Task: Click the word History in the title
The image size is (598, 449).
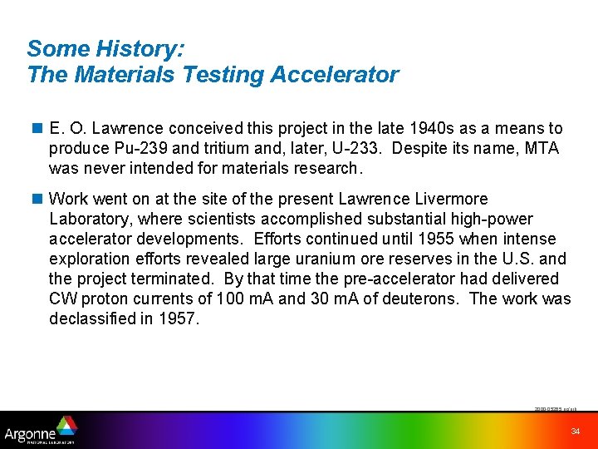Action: (x=139, y=49)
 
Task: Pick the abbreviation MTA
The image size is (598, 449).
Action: (x=542, y=149)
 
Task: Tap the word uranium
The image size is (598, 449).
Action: (x=330, y=259)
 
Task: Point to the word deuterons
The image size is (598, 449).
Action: (x=425, y=299)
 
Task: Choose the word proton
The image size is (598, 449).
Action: (x=102, y=299)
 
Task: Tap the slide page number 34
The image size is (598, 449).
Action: (x=575, y=431)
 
